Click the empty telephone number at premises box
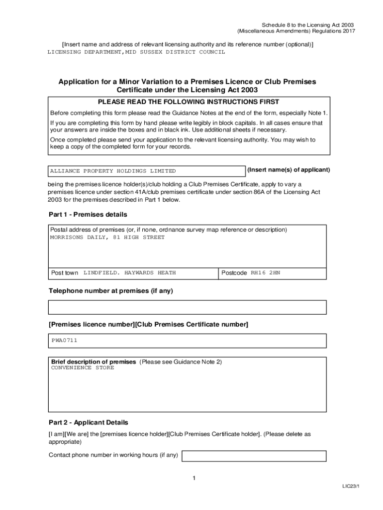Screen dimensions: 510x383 point(187,307)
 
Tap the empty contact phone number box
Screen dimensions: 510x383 point(254,456)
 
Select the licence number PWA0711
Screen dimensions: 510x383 point(64,341)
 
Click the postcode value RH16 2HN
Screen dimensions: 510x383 point(265,273)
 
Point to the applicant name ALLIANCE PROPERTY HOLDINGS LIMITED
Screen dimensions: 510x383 point(113,171)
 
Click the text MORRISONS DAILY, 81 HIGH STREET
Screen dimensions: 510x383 point(107,238)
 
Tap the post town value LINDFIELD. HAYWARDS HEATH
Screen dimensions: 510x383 point(129,273)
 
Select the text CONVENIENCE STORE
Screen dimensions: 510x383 point(83,368)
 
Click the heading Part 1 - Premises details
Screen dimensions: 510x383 point(88,215)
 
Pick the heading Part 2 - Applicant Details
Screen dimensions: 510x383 point(88,422)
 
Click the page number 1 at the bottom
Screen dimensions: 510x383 point(194,479)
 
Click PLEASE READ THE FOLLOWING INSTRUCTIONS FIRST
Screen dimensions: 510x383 point(189,102)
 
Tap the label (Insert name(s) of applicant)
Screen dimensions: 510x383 point(288,170)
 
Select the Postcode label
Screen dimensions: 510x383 point(234,273)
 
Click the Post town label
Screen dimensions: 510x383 point(65,273)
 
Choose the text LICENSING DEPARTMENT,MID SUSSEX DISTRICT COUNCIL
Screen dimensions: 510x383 point(136,52)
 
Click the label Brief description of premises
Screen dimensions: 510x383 point(94,362)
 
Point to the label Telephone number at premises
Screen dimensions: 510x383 point(110,291)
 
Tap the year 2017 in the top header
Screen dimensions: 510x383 point(347,31)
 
